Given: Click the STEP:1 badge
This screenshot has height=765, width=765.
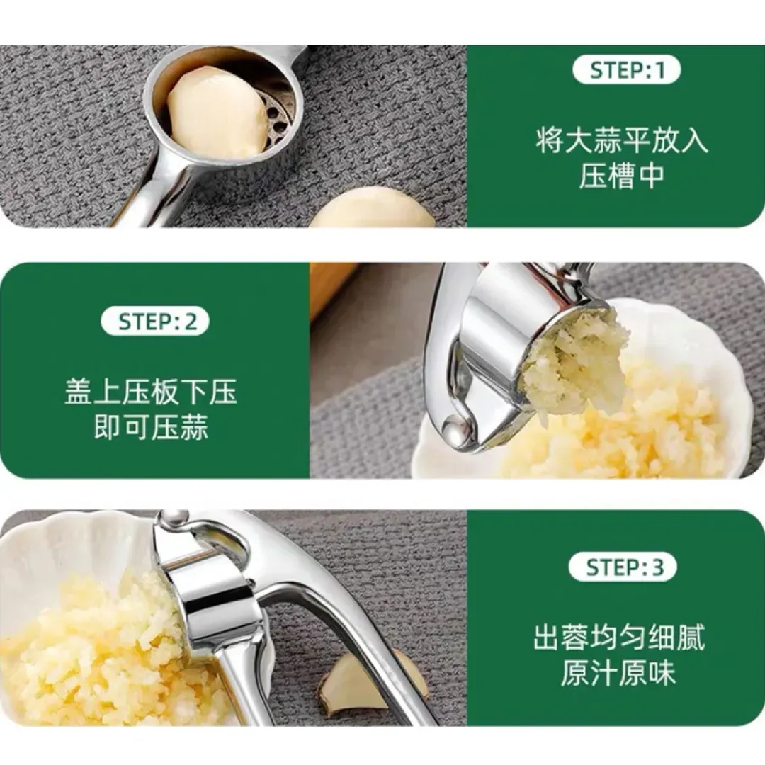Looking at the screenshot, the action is point(626,71).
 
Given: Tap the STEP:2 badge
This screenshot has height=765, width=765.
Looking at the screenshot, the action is point(155,322).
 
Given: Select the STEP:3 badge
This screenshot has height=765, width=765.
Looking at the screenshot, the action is point(624,567).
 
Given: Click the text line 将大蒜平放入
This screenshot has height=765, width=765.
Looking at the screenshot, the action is point(622,140).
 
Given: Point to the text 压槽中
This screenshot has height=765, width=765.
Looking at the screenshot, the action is point(622,176).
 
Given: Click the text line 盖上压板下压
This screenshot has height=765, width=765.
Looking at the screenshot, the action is point(152,392).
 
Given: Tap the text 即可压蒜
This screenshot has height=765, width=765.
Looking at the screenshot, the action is point(152,427).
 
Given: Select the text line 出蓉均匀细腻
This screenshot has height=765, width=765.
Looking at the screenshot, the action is point(620,637).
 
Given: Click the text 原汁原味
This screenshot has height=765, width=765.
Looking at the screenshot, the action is point(618,673).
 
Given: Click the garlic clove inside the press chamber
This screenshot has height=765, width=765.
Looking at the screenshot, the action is point(217,112).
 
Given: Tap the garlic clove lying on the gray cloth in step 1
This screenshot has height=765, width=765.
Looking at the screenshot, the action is point(373,210).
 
